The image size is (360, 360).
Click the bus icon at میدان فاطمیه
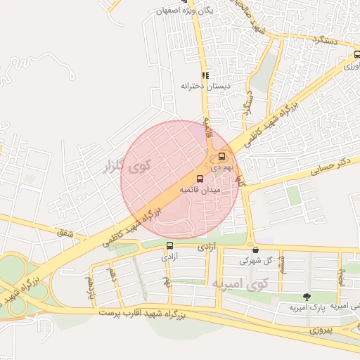point(200,179)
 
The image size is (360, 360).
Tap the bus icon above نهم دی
point(222,156)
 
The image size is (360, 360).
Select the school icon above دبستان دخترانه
point(205,75)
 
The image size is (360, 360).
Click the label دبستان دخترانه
point(206,86)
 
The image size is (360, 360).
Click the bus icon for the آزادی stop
point(169,245)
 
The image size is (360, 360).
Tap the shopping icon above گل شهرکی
point(255,250)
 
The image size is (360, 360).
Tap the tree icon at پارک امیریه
point(305,297)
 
